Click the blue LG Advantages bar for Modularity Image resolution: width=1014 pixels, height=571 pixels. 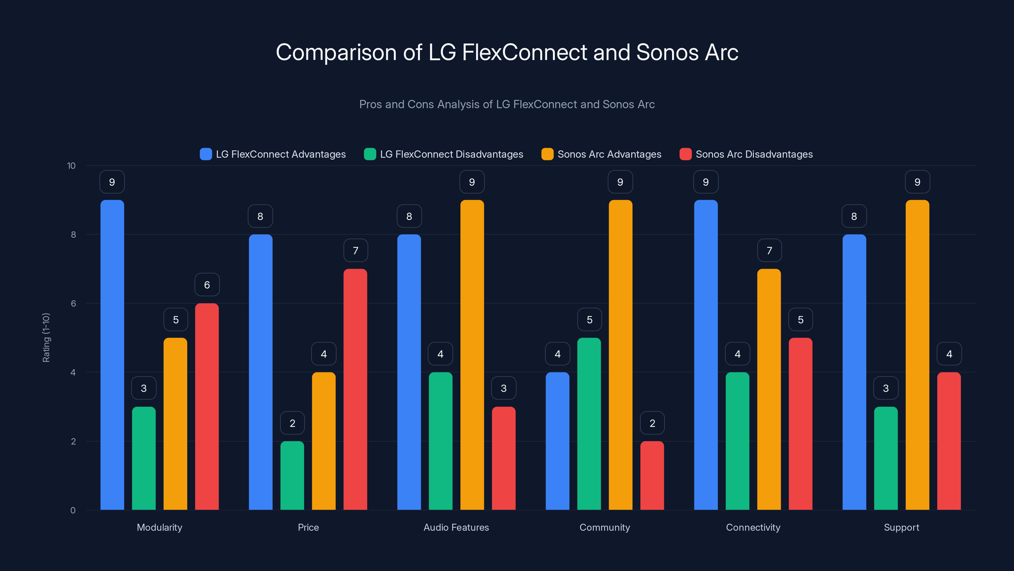112,355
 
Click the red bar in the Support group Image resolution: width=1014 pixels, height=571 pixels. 949,441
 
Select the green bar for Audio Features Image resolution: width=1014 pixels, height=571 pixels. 440,441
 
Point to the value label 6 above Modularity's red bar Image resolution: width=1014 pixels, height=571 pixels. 207,285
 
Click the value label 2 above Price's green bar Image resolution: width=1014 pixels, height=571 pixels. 292,423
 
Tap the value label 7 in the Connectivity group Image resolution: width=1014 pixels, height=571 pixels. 769,251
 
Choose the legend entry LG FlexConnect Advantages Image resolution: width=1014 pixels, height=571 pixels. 280,154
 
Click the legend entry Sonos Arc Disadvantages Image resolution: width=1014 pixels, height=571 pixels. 754,154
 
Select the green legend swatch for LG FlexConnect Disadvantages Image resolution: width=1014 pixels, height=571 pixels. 370,154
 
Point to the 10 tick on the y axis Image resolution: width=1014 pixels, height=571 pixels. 71,166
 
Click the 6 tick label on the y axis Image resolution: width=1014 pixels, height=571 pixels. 73,304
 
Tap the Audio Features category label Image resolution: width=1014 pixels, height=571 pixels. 456,527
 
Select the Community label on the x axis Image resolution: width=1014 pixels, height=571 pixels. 605,527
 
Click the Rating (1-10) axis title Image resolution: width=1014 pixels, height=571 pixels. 46,338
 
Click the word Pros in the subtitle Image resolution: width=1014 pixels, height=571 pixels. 370,104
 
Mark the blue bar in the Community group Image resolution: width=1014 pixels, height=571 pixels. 557,441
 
